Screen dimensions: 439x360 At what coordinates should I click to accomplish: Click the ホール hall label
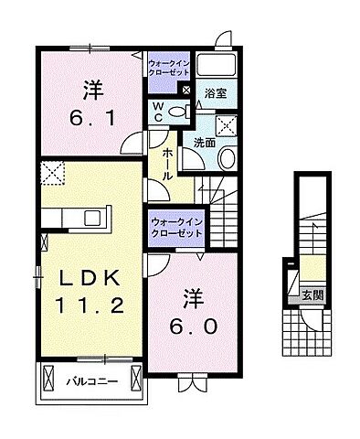[169, 162]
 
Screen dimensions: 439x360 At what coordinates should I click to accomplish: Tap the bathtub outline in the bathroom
[216, 66]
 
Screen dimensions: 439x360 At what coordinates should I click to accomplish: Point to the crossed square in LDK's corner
[51, 172]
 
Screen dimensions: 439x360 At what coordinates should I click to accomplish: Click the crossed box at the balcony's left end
[47, 377]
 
